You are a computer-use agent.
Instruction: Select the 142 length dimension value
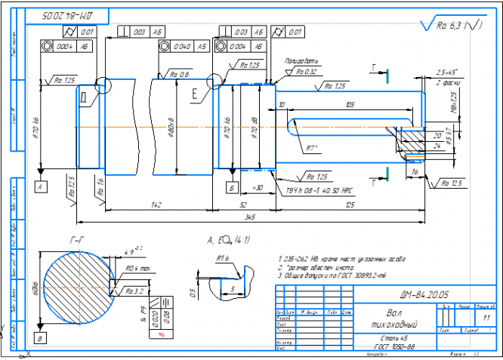click(x=155, y=204)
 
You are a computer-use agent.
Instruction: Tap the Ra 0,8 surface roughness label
click(x=180, y=74)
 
